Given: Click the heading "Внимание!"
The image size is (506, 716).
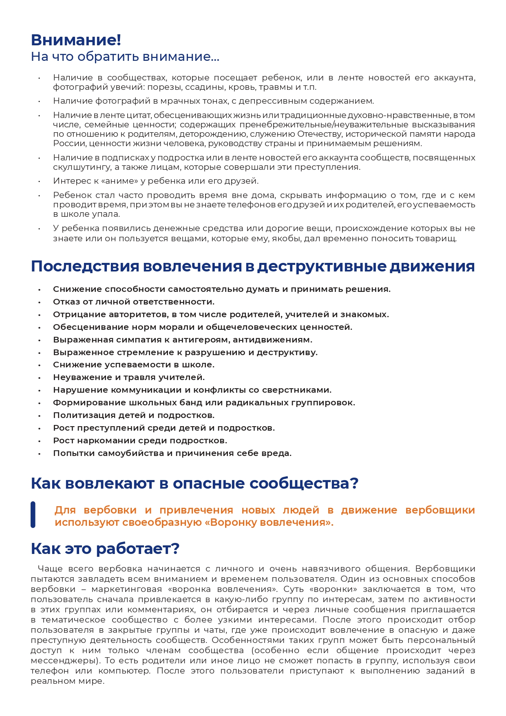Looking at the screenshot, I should coord(76,40).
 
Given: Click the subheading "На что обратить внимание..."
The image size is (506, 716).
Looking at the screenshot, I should coord(125,57).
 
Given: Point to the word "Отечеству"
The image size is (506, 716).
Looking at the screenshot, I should coord(316,134).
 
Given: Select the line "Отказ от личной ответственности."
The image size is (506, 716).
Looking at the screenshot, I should coord(133,302).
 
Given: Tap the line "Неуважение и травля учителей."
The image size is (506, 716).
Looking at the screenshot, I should coord(128,377).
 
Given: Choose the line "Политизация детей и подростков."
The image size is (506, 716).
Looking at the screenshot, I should coord(133,415).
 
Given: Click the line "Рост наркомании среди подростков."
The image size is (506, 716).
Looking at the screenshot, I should coord(140,440).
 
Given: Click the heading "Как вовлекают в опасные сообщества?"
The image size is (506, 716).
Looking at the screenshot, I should coord(194,483).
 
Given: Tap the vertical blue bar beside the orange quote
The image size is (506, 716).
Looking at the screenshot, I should coord(33,514).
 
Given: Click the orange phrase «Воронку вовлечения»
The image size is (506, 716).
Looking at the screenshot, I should coord(268,523).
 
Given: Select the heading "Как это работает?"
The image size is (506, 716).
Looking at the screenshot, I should coord(105,549).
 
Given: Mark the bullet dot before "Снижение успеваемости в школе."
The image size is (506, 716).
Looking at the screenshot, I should coord(40,365).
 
